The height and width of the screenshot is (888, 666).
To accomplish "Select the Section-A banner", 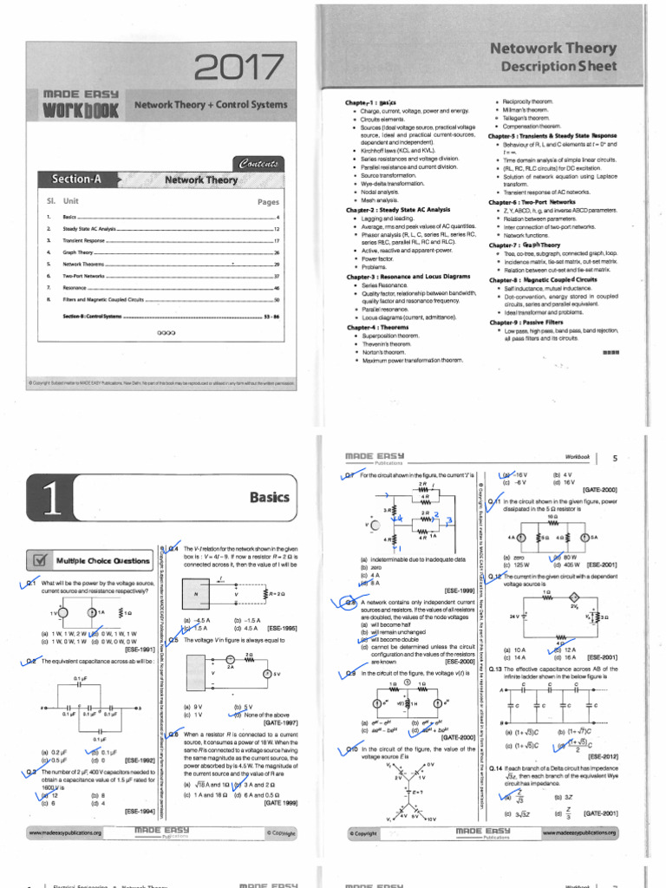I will (x=76, y=180).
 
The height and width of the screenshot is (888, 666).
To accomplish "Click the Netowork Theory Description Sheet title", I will (x=553, y=57).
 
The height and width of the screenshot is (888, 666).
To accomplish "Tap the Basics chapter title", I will (x=270, y=497).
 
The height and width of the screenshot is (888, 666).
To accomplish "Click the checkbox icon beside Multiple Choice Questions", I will (x=40, y=559).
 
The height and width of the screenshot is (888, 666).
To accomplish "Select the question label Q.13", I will (x=497, y=669).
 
